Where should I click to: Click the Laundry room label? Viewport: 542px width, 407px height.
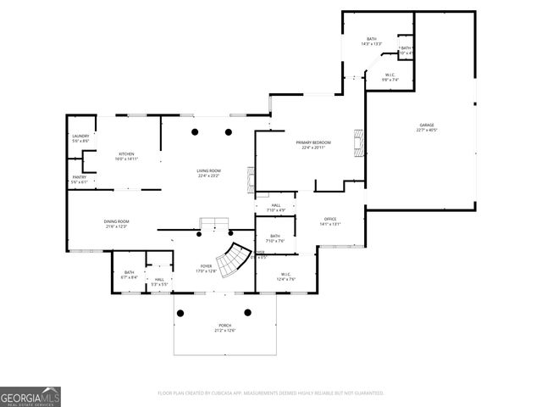80,138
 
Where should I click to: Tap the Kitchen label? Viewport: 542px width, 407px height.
126,156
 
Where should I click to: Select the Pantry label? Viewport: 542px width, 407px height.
80,179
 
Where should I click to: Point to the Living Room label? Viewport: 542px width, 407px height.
208,173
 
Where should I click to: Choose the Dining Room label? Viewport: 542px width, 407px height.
116,223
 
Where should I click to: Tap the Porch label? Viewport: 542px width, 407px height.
225,327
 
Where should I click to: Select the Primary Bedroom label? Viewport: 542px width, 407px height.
312,144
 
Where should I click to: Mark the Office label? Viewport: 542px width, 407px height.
329,221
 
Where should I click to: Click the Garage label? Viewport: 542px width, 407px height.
426,127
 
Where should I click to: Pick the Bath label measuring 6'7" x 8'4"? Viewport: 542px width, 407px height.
129,274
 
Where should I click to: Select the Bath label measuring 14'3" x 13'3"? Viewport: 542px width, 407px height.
371,42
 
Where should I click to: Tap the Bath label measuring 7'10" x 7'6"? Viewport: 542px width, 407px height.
275,238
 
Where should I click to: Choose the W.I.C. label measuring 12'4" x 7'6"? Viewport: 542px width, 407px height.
285,276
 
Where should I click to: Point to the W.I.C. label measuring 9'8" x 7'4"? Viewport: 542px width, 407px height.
390,77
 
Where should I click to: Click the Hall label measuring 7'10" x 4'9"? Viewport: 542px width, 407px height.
276,207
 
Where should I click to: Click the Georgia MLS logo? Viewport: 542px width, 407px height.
30,396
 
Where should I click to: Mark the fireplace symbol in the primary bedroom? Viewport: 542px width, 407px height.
359,138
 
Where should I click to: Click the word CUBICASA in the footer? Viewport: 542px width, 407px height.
217,393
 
